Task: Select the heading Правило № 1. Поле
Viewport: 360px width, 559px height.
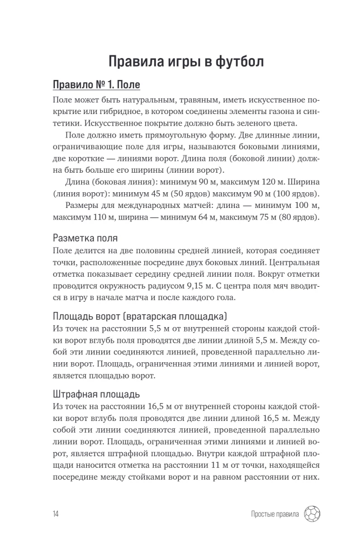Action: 96,86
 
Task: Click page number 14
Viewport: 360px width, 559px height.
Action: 55,514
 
